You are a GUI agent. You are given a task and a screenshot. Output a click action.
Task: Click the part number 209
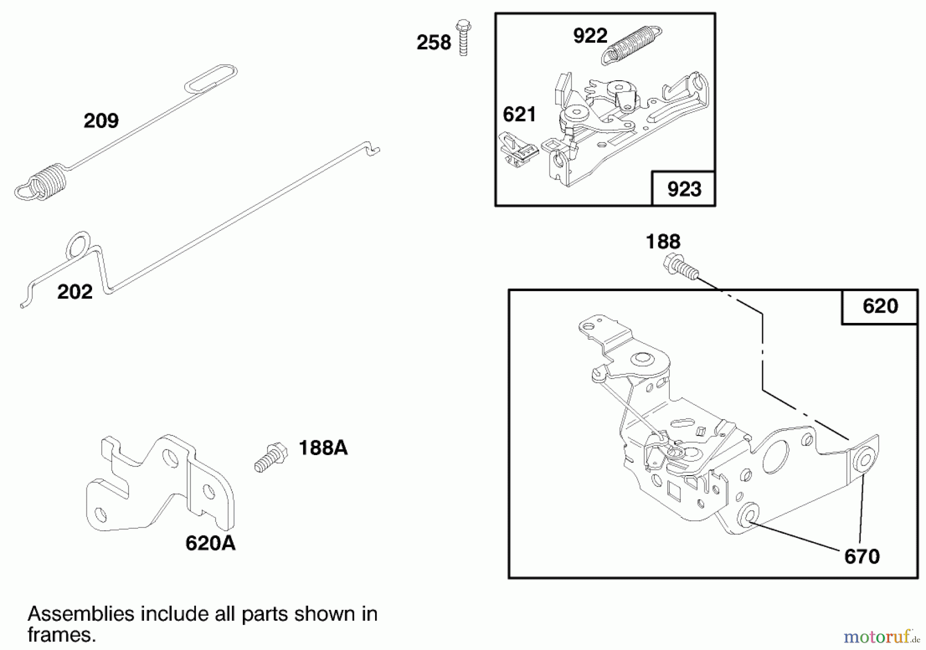pyautogui.click(x=101, y=121)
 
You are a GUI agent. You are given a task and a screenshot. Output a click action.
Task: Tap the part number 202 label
pyautogui.click(x=75, y=292)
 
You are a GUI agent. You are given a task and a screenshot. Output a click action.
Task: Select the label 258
pyautogui.click(x=434, y=43)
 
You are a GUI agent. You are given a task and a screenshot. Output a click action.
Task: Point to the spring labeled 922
pyautogui.click(x=631, y=45)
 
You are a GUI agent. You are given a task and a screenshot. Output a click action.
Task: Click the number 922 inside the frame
pyautogui.click(x=590, y=36)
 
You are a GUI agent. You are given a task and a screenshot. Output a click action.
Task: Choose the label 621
pyautogui.click(x=520, y=114)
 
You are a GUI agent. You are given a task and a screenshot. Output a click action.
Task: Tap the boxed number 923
pyautogui.click(x=684, y=189)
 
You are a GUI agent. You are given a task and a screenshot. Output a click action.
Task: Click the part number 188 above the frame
pyautogui.click(x=663, y=242)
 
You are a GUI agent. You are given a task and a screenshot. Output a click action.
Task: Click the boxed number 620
pyautogui.click(x=880, y=306)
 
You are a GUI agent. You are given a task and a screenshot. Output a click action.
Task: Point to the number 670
pyautogui.click(x=862, y=556)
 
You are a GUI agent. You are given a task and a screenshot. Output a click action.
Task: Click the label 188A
pyautogui.click(x=323, y=448)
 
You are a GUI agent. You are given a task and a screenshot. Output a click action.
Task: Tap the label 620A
pyautogui.click(x=210, y=543)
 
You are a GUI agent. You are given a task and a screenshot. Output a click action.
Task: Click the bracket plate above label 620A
pyautogui.click(x=159, y=483)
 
